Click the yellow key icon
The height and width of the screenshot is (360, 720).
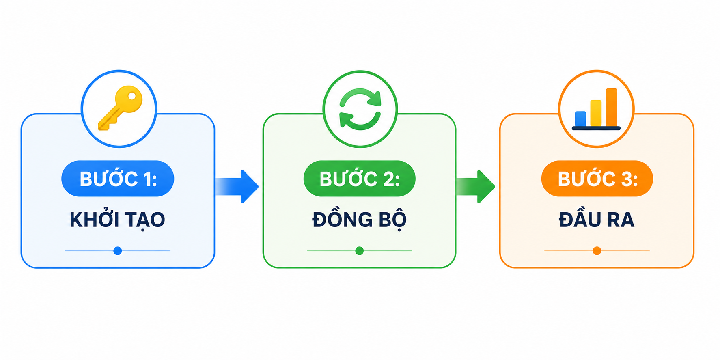121,108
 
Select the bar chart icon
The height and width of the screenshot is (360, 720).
596,109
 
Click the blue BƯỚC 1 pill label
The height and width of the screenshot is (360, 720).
118,179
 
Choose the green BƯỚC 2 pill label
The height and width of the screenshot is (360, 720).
359,179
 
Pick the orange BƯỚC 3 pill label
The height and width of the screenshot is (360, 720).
597,179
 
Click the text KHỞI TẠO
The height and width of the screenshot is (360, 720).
117,220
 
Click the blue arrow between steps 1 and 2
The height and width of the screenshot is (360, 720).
237,186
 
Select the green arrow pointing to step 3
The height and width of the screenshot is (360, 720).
475,186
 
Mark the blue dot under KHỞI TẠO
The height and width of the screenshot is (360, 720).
118,251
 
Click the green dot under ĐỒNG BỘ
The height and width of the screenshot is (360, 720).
359,251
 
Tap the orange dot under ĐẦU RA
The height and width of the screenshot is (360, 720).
597,251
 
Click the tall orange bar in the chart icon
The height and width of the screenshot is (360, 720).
611,107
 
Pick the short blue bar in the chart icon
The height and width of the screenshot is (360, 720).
580,119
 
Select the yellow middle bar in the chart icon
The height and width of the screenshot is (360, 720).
596,113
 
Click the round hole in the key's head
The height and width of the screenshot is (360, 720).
132,96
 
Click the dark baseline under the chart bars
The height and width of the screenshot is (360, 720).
596,128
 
